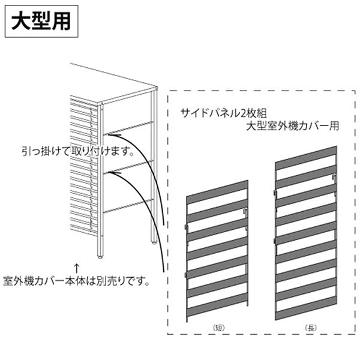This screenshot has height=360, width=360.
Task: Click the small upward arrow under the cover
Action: click(x=76, y=265)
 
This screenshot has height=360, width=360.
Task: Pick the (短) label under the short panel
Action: click(x=218, y=327)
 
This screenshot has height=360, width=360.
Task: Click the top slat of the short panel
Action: click(x=217, y=190)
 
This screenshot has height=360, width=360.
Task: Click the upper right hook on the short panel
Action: click(x=245, y=212)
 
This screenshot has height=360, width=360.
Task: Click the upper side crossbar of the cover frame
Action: click(x=128, y=128)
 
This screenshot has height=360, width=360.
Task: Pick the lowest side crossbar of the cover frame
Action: click(x=128, y=205)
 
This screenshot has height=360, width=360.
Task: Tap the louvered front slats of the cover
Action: click(x=83, y=168)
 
